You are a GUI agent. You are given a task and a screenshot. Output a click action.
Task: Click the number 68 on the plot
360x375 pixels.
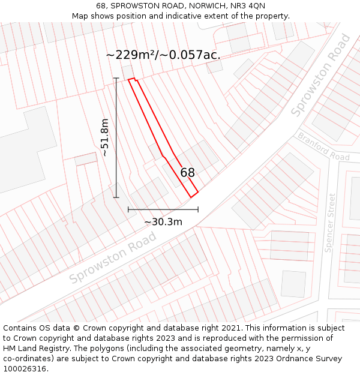(x=187, y=173)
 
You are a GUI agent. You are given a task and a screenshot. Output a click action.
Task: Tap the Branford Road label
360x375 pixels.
(x=323, y=146)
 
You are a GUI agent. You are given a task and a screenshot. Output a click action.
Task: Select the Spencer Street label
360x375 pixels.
(x=331, y=223)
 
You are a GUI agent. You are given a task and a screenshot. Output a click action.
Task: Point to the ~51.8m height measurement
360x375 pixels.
(x=105, y=137)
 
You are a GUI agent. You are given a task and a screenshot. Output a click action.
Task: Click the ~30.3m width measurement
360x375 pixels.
(x=163, y=222)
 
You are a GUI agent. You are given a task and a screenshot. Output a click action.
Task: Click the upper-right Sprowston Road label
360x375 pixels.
(x=321, y=76)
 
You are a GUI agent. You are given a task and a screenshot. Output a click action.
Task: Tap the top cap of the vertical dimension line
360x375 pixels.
(x=116, y=78)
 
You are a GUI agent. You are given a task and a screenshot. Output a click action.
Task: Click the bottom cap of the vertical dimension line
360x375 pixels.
(x=116, y=197)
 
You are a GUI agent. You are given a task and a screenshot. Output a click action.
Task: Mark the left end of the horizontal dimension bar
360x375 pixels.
(x=128, y=209)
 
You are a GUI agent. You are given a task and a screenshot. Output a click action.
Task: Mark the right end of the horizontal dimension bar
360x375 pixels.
(x=198, y=209)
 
